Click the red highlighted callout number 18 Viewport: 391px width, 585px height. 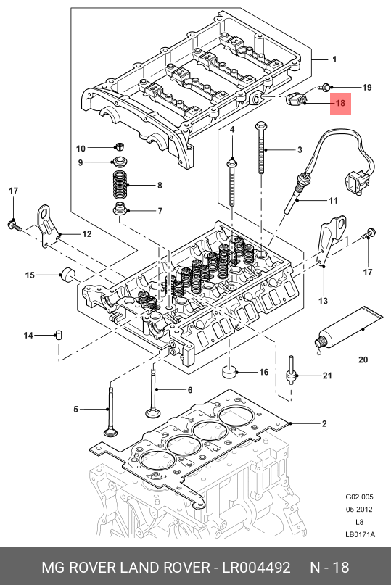coord(340,103)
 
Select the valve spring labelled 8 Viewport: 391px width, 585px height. coord(120,186)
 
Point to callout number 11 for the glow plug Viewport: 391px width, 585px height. coord(333,201)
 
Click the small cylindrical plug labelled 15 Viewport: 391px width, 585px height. coord(68,275)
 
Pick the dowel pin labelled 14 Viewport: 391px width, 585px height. coord(59,335)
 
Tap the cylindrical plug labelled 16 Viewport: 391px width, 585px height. coord(229,372)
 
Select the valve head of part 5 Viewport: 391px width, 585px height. coord(110,433)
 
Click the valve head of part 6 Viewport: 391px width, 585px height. coord(152,413)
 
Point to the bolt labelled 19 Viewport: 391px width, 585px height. coord(324,87)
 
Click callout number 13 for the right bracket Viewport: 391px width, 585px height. coord(323,301)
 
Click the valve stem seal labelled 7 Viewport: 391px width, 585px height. coord(120,209)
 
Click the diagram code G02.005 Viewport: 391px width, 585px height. coord(359,497)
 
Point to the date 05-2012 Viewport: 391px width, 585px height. coord(359,510)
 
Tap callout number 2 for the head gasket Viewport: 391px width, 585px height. coord(324,423)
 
